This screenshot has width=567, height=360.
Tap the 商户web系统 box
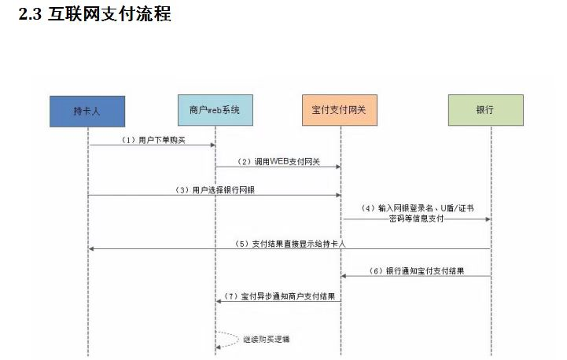215,110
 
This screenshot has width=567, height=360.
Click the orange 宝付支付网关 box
340,110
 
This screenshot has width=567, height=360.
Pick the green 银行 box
485,110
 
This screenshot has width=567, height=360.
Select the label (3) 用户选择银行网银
215,190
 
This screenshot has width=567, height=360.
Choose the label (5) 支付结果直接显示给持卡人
291,244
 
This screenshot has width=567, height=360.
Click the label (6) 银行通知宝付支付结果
414,271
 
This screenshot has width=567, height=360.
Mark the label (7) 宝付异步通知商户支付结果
280,296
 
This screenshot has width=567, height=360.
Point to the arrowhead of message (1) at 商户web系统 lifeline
212,145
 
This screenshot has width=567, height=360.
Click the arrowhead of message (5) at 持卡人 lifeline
92,248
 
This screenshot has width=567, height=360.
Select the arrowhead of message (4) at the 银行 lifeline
487,219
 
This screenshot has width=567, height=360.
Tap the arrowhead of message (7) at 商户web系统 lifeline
219,301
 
